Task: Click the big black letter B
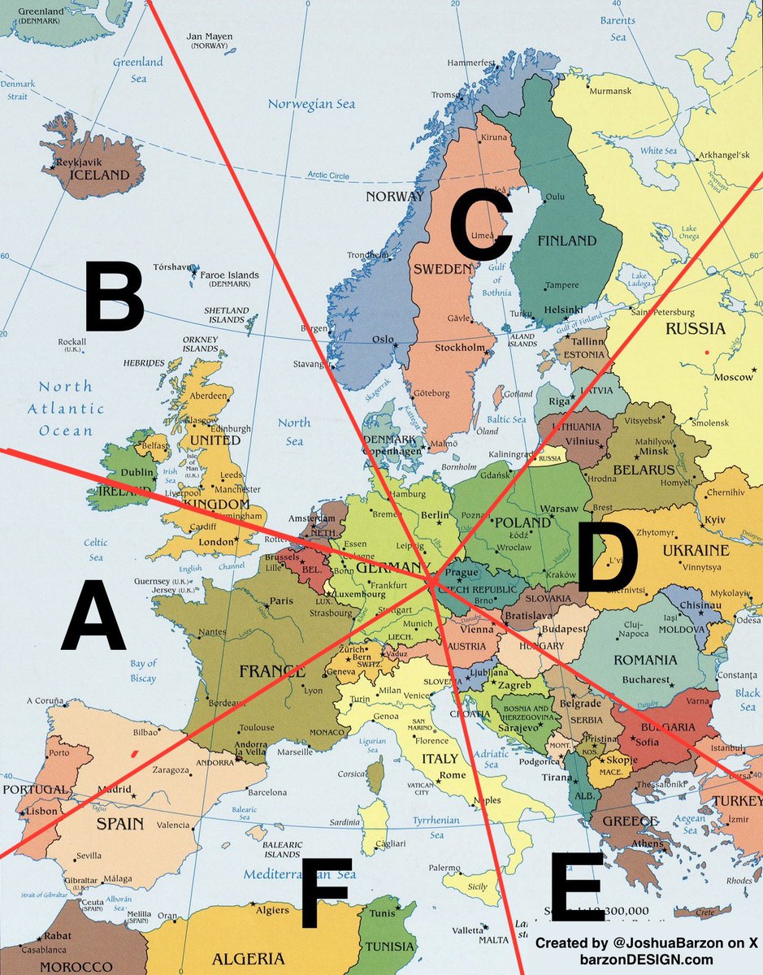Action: [x=114, y=296]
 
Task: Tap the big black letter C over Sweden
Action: [x=480, y=223]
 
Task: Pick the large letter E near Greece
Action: [x=577, y=887]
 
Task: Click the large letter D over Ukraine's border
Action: [x=606, y=557]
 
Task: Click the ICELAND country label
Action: [x=99, y=175]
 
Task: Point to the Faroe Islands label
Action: [x=230, y=275]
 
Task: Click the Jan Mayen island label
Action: [x=210, y=37]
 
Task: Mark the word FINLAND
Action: [x=566, y=240]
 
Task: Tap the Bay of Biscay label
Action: [x=143, y=670]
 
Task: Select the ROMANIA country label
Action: [x=644, y=660]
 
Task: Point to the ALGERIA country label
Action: [x=248, y=959]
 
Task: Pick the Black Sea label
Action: [x=747, y=700]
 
